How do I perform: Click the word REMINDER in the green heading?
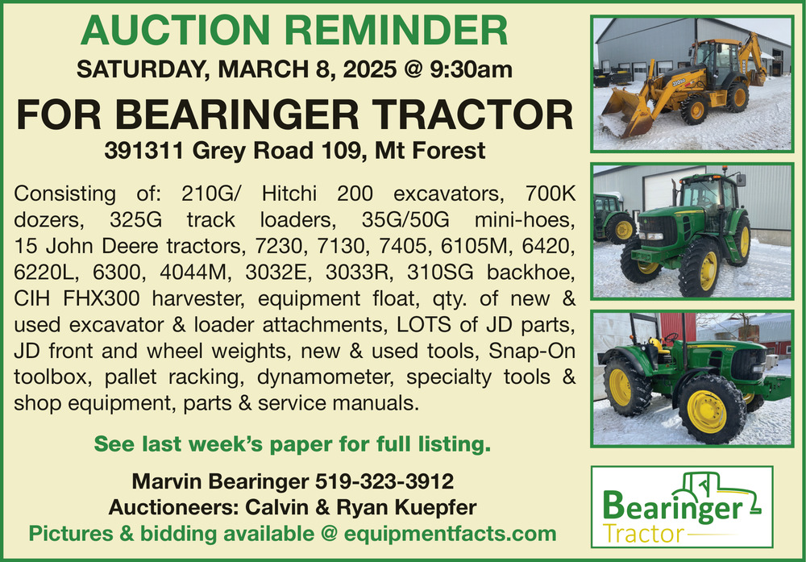397,31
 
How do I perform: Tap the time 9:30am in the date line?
471,69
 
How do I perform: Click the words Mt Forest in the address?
430,151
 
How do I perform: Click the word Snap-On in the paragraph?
531,352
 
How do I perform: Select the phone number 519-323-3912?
384,482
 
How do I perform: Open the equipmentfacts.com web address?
450,534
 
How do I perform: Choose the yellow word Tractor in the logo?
642,535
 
